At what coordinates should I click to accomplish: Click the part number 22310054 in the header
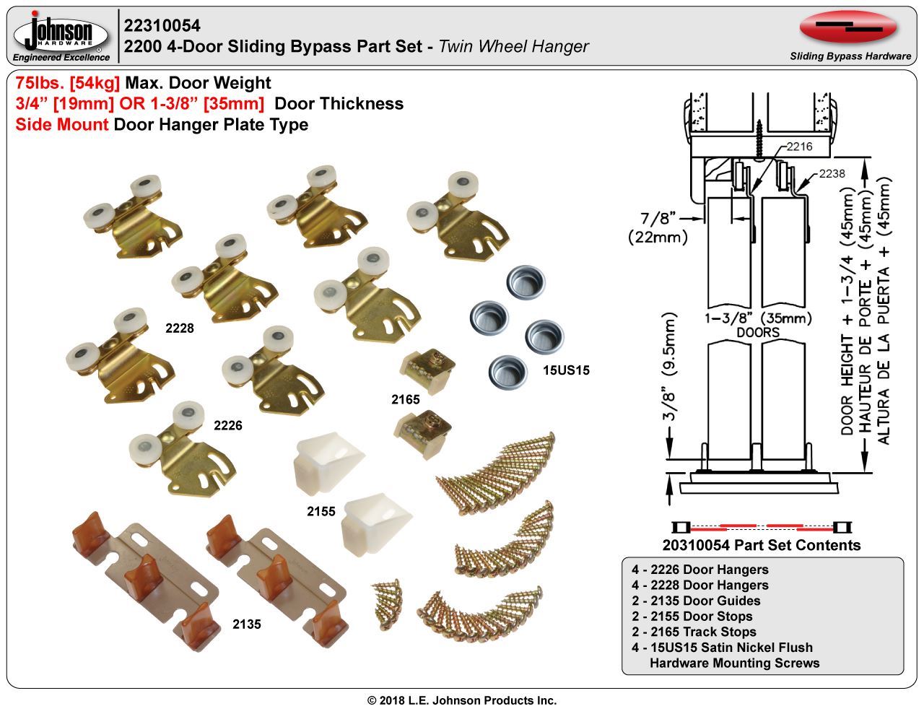point(162,26)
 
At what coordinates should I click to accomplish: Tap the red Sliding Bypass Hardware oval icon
point(848,28)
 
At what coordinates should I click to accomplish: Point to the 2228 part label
point(180,328)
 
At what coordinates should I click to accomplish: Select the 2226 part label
point(228,425)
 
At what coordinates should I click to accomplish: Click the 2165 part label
point(406,399)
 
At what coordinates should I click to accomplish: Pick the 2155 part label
point(321,511)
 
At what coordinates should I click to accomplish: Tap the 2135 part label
point(246,624)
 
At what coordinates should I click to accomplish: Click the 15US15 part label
point(566,370)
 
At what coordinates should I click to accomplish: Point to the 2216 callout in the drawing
point(799,147)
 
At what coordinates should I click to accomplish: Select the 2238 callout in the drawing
point(832,174)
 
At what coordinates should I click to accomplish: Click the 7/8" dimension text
point(657,217)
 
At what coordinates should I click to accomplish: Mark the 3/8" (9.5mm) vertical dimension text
point(671,368)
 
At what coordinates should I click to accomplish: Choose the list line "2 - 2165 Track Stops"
point(694,632)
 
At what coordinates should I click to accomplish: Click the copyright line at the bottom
point(462,700)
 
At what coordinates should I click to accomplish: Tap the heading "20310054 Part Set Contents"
point(761,545)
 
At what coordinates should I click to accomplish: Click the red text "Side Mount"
point(62,124)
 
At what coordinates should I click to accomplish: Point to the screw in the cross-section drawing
point(759,137)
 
